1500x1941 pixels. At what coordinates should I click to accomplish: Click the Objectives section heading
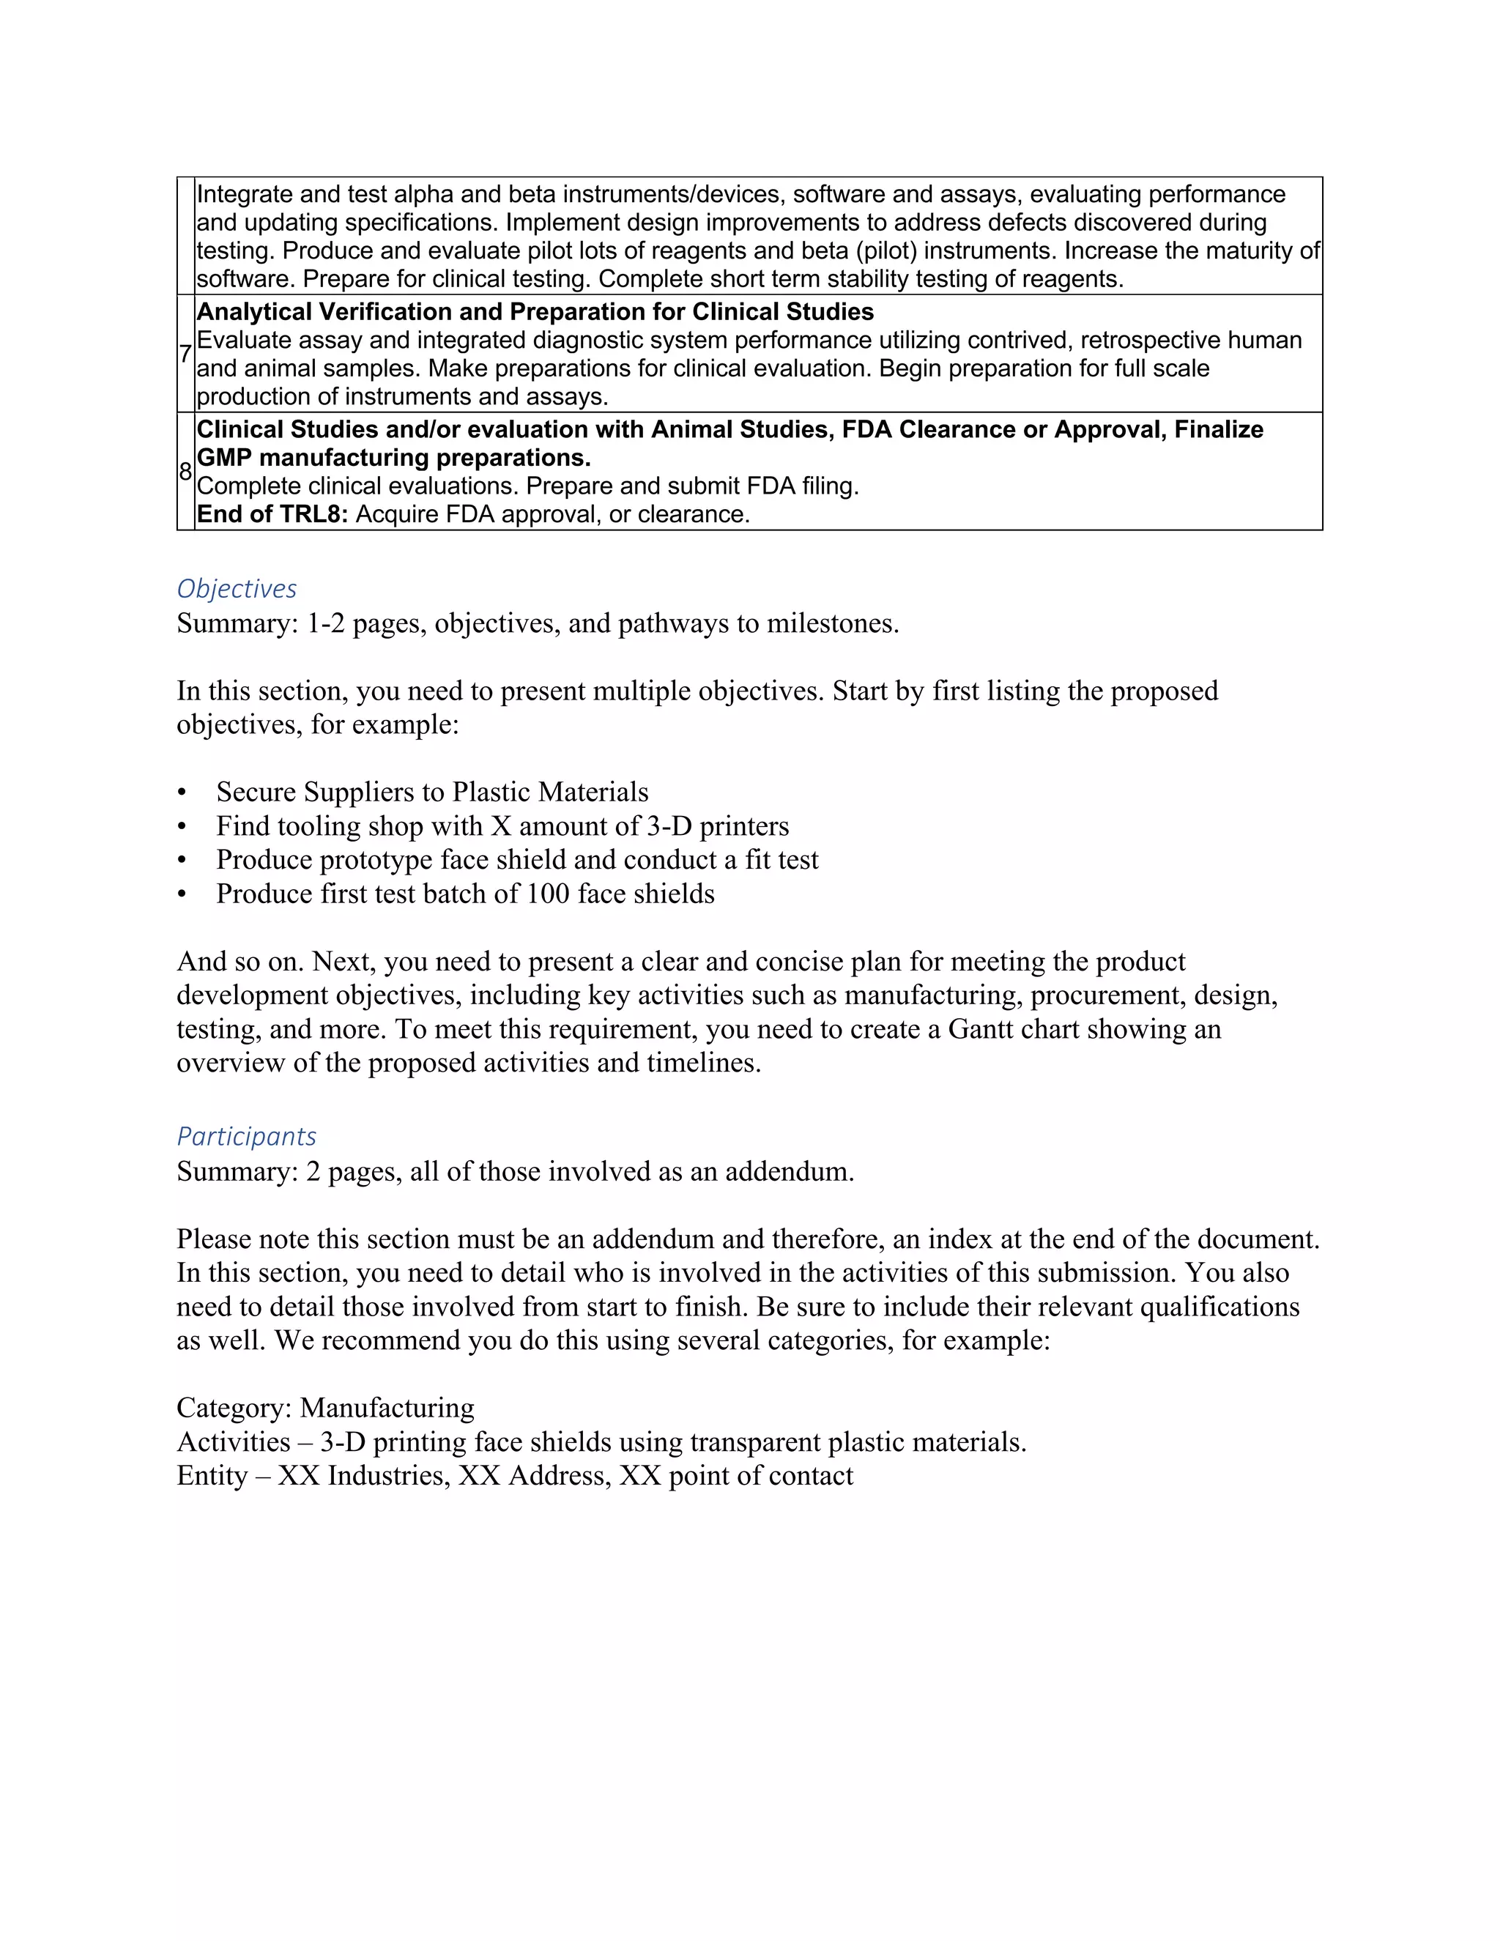point(237,588)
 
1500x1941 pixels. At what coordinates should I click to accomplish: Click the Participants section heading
point(246,1136)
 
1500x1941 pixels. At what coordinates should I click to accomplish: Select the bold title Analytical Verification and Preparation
point(534,312)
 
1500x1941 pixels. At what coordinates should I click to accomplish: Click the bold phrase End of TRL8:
point(272,515)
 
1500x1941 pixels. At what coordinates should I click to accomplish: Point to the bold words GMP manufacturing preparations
point(393,458)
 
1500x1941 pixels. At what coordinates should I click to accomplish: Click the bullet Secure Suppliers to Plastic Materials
point(432,792)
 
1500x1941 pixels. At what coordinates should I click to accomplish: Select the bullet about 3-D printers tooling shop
point(502,825)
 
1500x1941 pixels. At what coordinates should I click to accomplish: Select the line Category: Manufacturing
point(325,1408)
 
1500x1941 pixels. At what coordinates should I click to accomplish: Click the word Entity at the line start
point(212,1475)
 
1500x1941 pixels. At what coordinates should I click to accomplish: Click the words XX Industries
point(363,1475)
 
